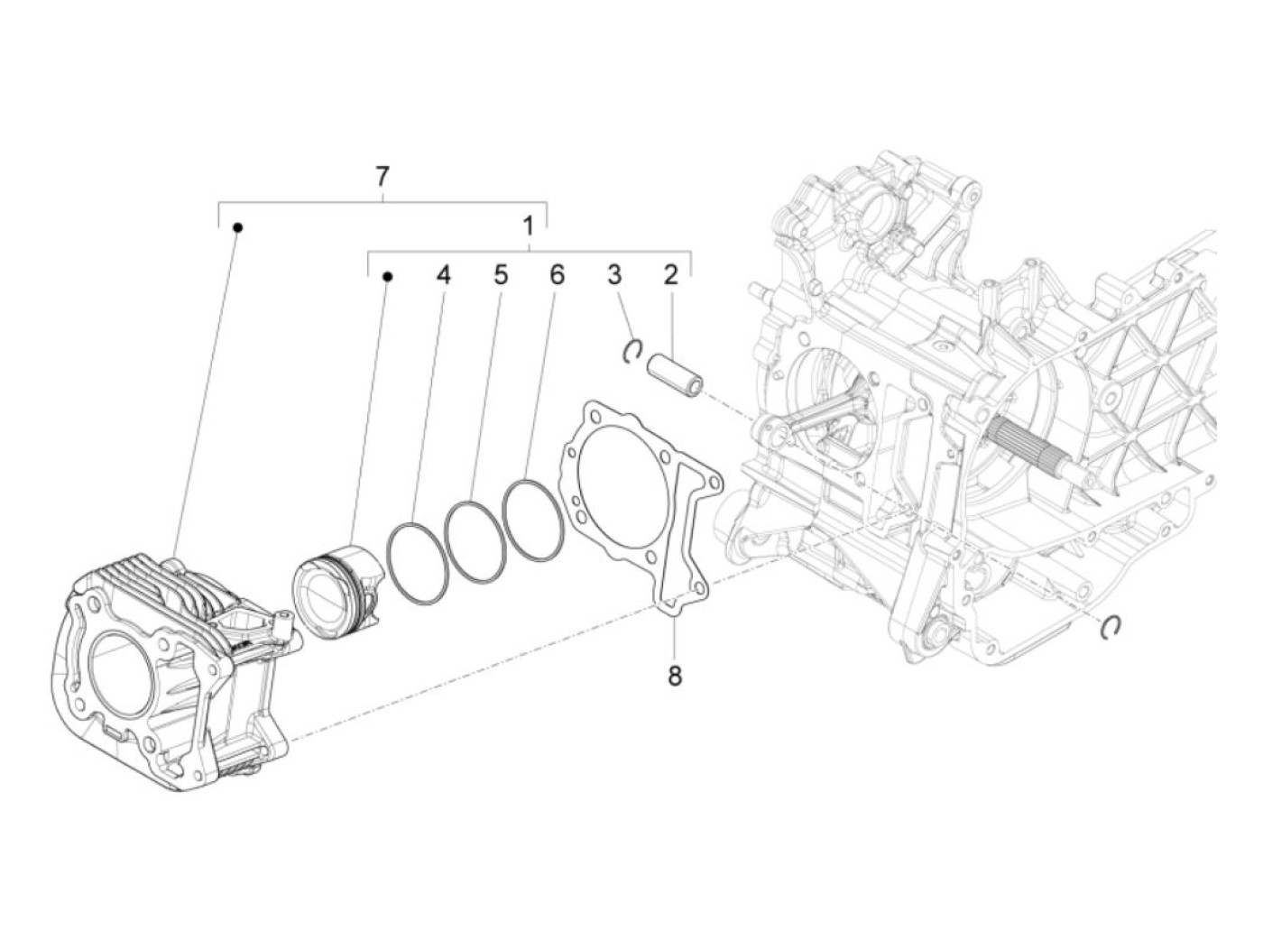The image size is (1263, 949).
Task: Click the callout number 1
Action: pyautogui.click(x=529, y=226)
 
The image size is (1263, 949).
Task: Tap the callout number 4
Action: pyautogui.click(x=442, y=275)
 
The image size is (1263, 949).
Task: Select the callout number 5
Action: pyautogui.click(x=500, y=275)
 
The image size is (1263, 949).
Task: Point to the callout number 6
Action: pyautogui.click(x=557, y=275)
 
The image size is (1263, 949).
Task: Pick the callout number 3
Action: pyautogui.click(x=614, y=275)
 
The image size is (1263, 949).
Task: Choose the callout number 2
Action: pyautogui.click(x=670, y=275)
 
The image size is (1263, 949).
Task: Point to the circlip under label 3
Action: pyautogui.click(x=633, y=351)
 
